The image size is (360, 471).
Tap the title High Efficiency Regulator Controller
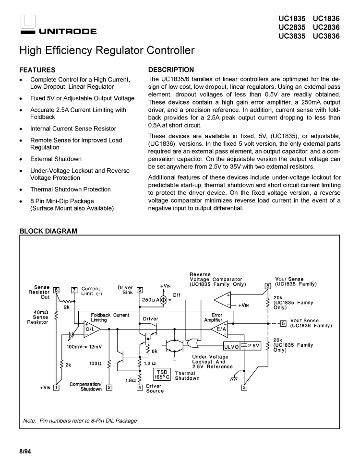(107, 50)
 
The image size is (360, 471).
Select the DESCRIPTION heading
(171, 70)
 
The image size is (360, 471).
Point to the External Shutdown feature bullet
(56, 159)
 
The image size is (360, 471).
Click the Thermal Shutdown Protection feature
(70, 189)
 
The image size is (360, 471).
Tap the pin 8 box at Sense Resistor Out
(56, 290)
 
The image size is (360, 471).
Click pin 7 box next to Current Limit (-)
(74, 290)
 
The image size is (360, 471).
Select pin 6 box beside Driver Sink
(140, 290)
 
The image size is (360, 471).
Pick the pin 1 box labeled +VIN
(56, 388)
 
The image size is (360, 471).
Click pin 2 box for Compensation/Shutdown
(109, 388)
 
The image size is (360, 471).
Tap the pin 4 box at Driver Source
(140, 388)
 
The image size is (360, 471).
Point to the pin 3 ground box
(244, 388)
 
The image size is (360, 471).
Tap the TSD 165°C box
(162, 374)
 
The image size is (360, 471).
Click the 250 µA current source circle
(163, 300)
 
